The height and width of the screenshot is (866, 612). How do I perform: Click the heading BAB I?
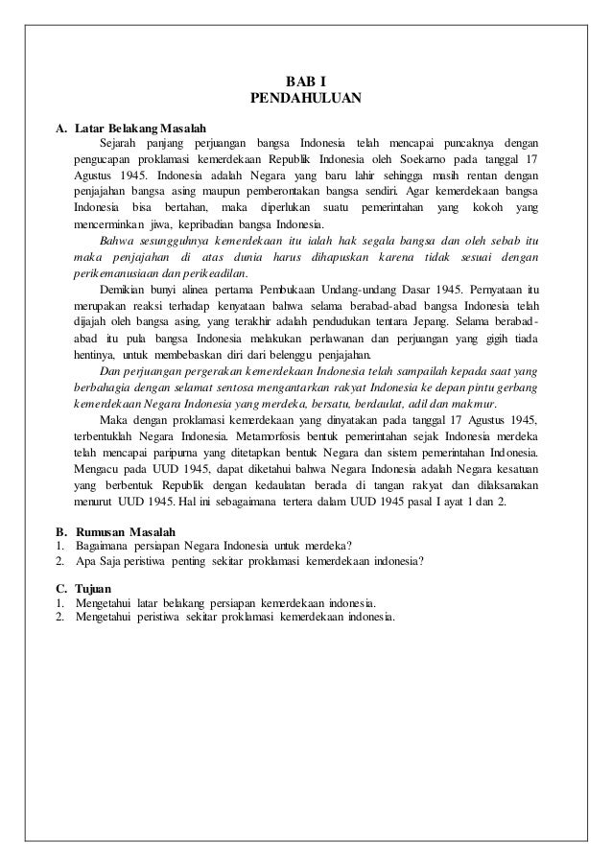(306, 81)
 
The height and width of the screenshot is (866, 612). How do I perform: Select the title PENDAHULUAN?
(306, 97)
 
